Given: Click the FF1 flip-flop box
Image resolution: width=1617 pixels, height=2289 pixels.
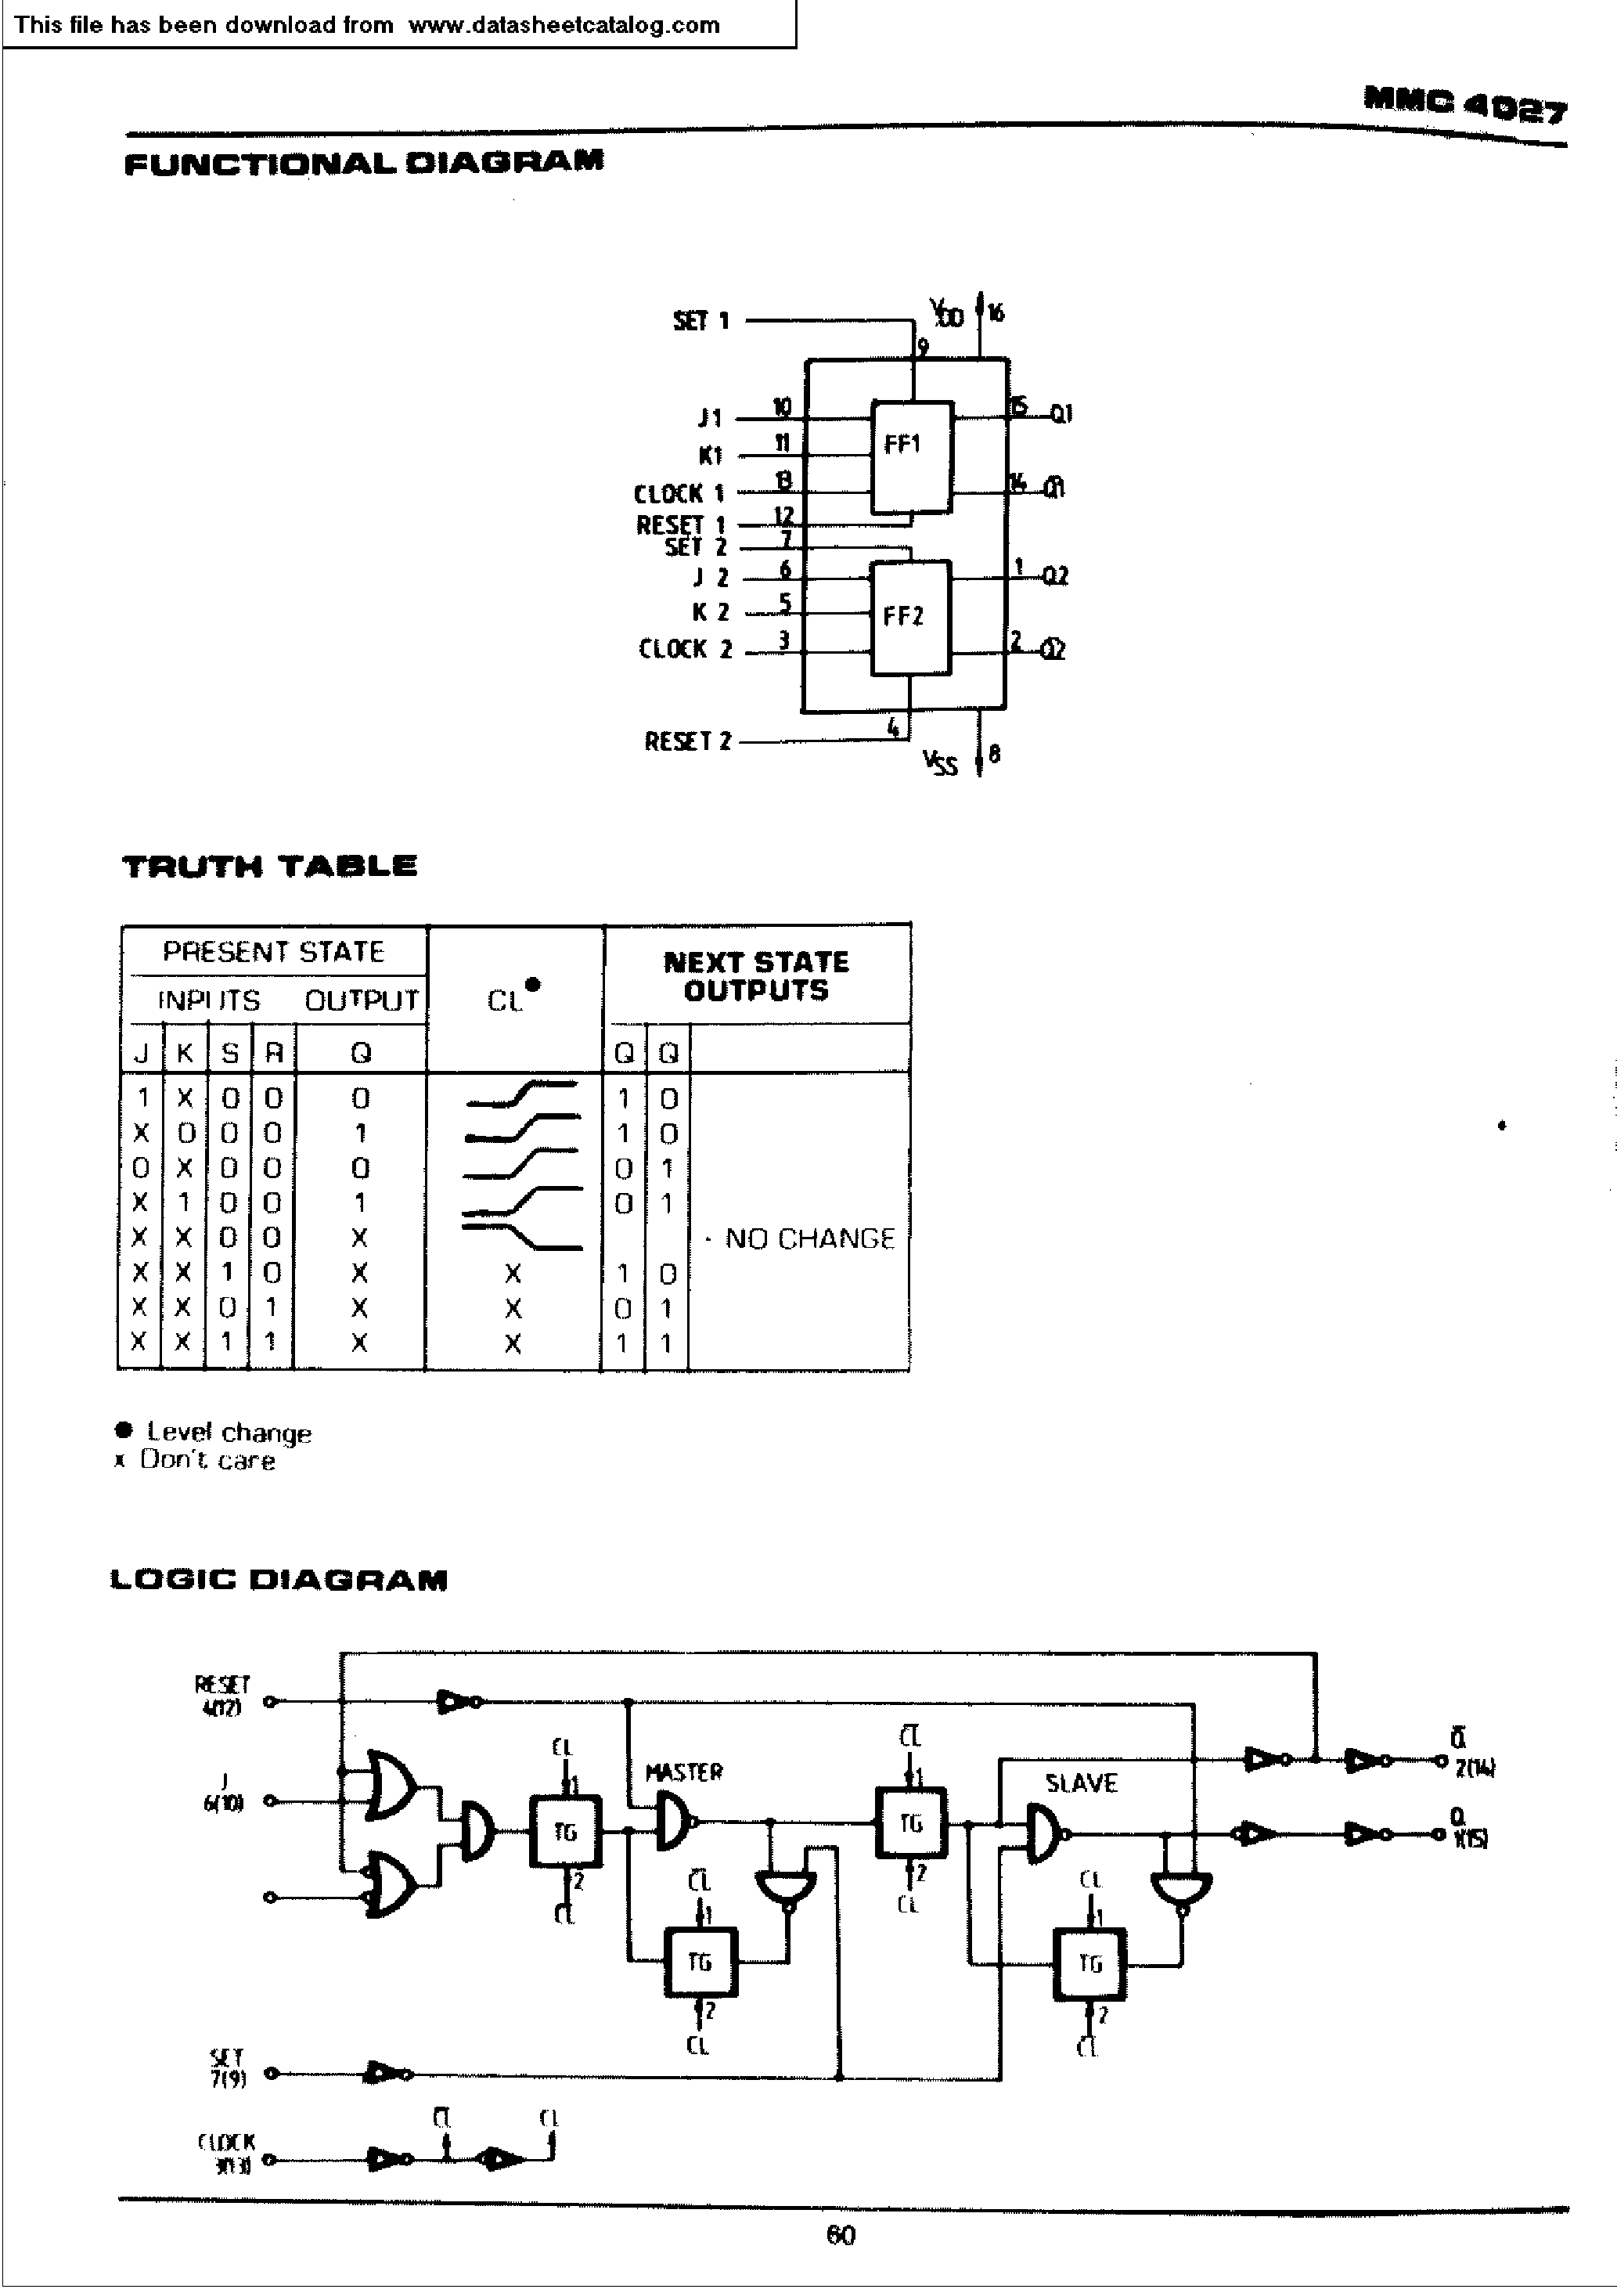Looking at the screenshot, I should click(x=910, y=456).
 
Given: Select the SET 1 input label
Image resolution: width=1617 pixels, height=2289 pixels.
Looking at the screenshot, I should click(x=700, y=321).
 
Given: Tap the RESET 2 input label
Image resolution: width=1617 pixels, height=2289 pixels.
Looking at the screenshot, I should click(x=687, y=741).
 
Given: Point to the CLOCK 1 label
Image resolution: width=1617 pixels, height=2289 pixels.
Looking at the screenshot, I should click(x=679, y=493).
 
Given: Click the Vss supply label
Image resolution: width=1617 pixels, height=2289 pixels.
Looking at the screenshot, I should click(x=940, y=762).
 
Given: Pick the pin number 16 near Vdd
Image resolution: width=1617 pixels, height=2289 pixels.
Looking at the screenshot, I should click(x=995, y=313).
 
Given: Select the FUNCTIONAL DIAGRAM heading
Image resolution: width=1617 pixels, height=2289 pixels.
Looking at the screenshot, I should click(x=364, y=163).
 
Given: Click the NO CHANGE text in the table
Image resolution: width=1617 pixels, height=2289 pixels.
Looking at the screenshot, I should click(x=808, y=1238).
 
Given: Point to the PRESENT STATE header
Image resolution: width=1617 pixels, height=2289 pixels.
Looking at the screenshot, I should click(x=273, y=951).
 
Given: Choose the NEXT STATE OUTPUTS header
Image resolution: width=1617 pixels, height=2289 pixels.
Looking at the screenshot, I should click(x=755, y=976).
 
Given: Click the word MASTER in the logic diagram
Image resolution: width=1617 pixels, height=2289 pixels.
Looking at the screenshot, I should click(x=684, y=1772).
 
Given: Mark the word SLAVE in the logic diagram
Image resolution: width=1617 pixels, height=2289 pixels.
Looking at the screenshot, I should click(x=1081, y=1783).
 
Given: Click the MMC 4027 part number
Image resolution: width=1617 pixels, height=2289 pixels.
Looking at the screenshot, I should click(x=1464, y=103).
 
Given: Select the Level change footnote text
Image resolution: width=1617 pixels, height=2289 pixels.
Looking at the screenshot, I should click(x=229, y=1432).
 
